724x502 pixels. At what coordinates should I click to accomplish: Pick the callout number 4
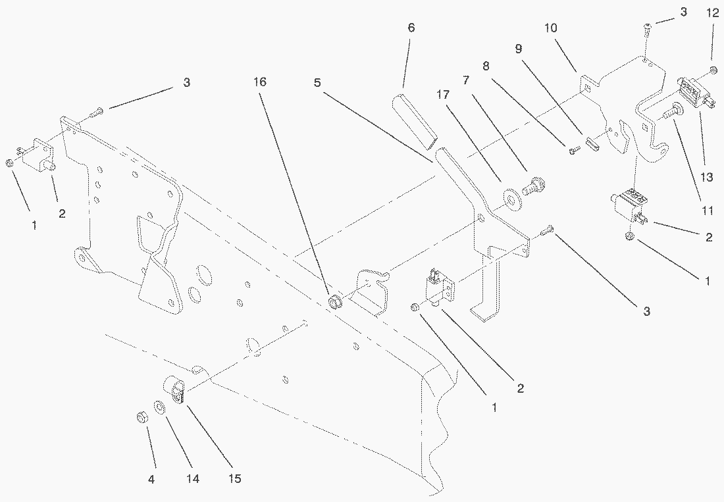151,480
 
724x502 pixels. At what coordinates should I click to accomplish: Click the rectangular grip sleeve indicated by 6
413,119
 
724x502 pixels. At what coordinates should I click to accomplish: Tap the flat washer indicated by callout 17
510,195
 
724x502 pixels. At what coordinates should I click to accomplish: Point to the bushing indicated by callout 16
334,303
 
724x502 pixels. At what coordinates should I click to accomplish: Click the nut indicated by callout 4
140,418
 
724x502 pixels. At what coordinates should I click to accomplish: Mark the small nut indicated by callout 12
713,70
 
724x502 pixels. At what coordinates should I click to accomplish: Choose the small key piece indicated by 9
591,144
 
